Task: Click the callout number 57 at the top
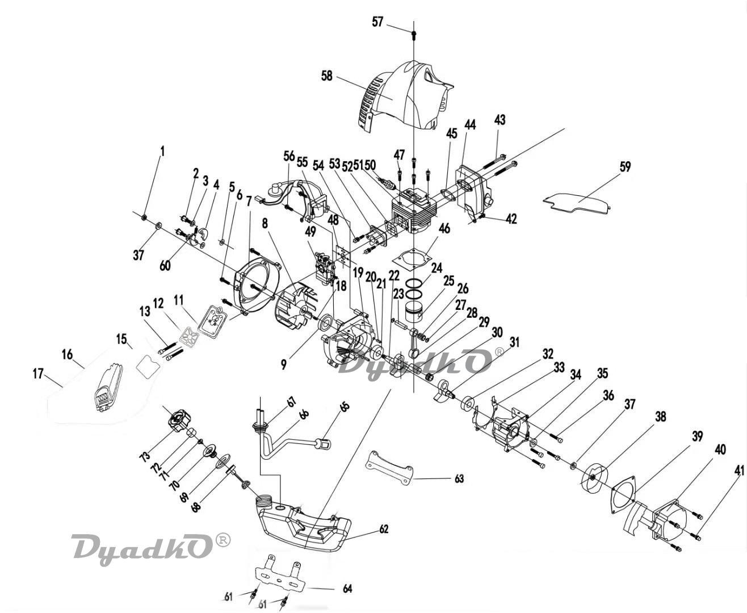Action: tap(377, 22)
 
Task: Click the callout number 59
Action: tap(625, 167)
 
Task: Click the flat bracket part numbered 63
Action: tap(391, 467)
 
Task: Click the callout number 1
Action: tap(163, 151)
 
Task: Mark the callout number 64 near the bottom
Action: tap(347, 589)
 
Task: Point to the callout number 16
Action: tap(68, 354)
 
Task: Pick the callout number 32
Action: tap(547, 354)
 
